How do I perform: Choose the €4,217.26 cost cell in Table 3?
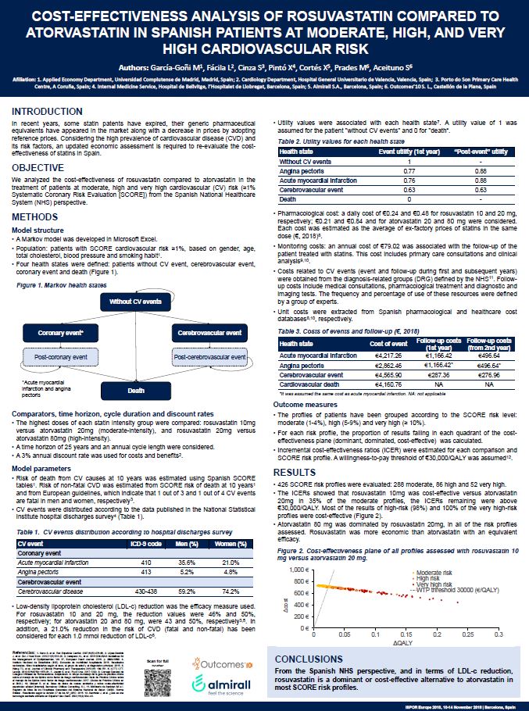(x=385, y=355)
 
